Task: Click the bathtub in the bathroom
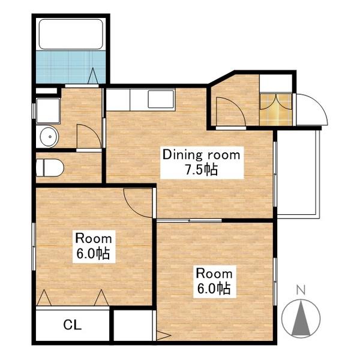[71, 34]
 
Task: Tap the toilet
[50, 167]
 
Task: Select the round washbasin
[50, 137]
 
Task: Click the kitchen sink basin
[161, 99]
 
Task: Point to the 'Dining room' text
[202, 155]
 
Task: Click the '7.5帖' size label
[202, 170]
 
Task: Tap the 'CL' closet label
[73, 325]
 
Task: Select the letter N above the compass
[301, 290]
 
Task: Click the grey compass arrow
[301, 319]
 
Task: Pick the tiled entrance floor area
[276, 110]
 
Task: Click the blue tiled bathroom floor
[71, 67]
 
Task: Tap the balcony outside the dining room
[298, 174]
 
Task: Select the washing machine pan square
[48, 111]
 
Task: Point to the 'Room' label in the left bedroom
[94, 239]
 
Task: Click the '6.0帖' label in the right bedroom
[214, 289]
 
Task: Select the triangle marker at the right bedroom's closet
[163, 336]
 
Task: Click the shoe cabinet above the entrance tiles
[276, 83]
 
